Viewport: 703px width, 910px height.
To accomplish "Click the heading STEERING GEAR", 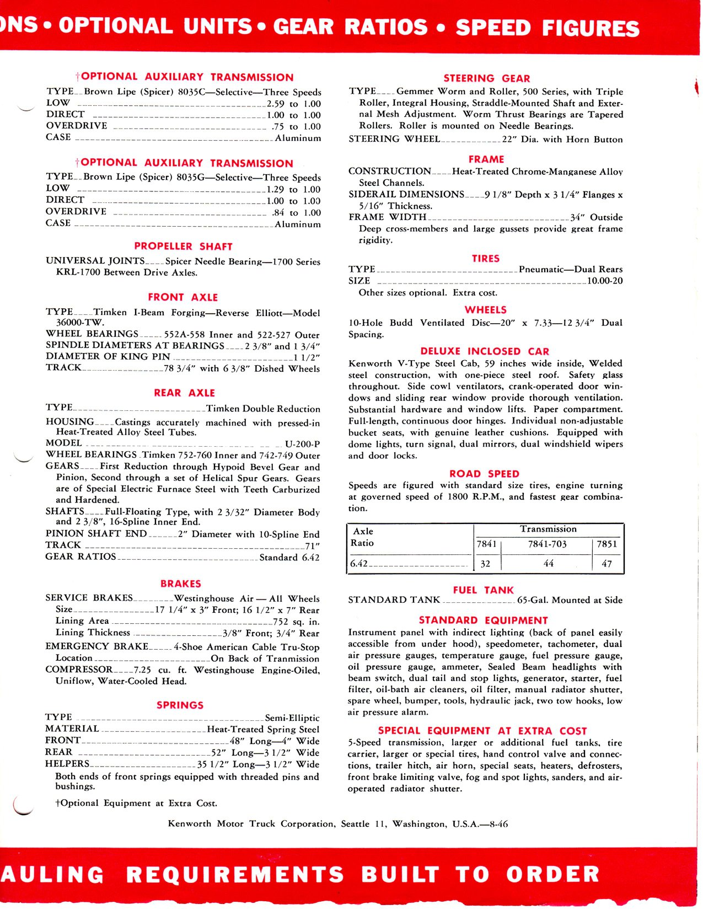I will [486, 78].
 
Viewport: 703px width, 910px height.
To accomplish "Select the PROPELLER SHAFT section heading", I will [183, 247].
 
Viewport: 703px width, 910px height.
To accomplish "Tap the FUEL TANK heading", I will [483, 590].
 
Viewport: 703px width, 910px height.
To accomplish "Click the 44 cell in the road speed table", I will [548, 563].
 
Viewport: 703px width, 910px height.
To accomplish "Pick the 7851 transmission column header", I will [607, 544].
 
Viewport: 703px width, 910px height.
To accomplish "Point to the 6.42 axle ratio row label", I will [359, 564].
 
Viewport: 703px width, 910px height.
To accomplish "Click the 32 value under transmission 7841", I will [486, 564].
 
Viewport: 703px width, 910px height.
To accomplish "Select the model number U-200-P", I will [302, 443].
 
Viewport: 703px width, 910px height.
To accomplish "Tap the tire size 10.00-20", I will [605, 281].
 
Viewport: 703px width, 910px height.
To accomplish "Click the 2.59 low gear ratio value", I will [276, 104].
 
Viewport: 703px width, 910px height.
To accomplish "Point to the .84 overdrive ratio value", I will [278, 212].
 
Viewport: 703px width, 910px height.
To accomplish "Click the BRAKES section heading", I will [180, 584].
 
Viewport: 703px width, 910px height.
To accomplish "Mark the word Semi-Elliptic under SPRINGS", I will [292, 718].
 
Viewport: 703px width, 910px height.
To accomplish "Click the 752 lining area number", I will [281, 622].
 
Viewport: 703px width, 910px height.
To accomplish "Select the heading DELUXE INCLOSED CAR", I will [485, 351].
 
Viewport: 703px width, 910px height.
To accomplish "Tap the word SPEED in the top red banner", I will [492, 28].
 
